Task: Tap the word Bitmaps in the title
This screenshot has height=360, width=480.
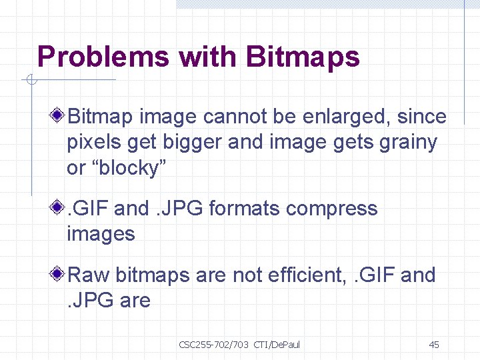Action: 303,57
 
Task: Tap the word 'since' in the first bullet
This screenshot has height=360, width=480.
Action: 421,117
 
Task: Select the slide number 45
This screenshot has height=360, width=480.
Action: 433,345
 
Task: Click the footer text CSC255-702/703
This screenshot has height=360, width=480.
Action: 213,345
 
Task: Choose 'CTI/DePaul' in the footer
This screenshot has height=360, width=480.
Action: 277,345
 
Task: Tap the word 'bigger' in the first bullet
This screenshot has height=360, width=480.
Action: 189,143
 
